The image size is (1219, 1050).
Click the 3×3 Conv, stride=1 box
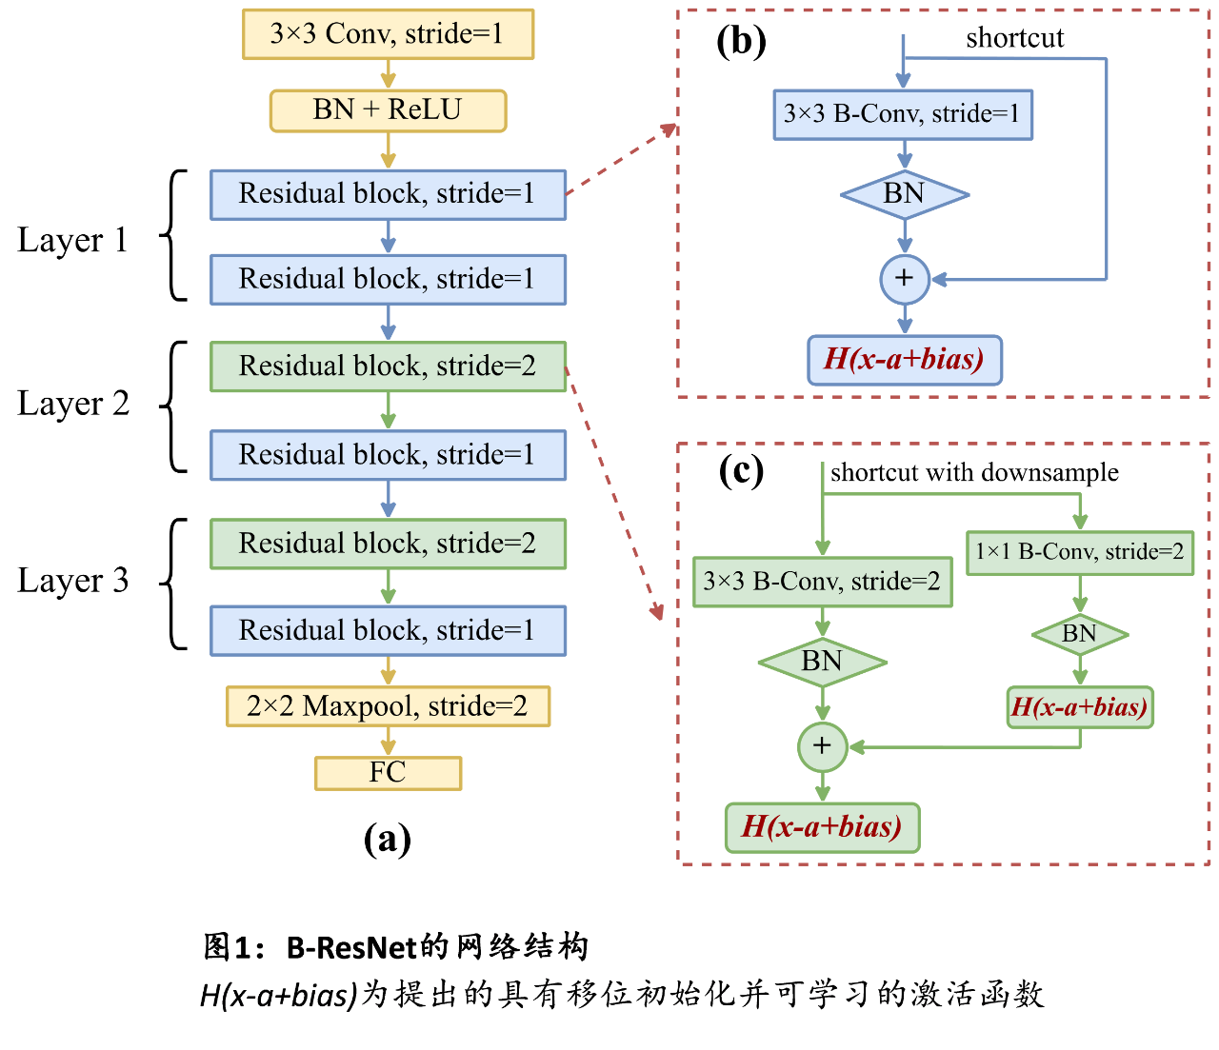[388, 34]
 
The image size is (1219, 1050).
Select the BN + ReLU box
[388, 110]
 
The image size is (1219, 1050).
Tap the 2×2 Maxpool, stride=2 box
[388, 706]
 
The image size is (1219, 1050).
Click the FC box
[388, 773]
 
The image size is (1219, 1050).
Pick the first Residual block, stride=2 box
[388, 367]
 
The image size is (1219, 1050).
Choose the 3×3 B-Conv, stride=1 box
[902, 114]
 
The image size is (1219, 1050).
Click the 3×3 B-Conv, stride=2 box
[822, 582]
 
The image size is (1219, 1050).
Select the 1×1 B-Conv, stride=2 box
[1080, 552]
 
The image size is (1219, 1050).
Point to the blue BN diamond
[904, 194]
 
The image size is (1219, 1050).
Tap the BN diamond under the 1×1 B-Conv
[1080, 634]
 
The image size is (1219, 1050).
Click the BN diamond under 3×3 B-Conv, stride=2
[822, 661]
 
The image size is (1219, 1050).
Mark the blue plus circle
[904, 279]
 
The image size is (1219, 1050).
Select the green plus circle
[822, 746]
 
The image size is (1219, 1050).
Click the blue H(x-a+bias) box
[904, 360]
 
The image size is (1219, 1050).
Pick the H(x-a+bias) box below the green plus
[822, 827]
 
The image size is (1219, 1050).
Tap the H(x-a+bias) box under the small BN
[1080, 707]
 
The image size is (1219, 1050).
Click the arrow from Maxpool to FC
[388, 742]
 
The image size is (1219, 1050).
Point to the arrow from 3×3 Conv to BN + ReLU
[388, 74]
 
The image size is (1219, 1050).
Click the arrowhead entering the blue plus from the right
[938, 279]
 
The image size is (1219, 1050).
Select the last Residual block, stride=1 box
[388, 630]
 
